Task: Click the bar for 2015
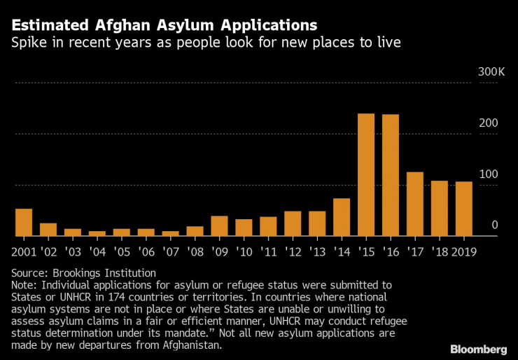(x=366, y=175)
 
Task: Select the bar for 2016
(x=391, y=175)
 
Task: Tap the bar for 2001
(x=24, y=223)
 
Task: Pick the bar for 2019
(x=464, y=209)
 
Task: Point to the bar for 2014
(x=342, y=217)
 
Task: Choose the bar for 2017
(x=415, y=204)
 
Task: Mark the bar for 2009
(x=219, y=226)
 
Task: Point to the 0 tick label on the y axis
(x=494, y=225)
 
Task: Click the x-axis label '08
(x=195, y=251)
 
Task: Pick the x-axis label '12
(x=293, y=251)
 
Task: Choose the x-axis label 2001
(x=24, y=251)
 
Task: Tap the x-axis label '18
(x=440, y=251)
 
